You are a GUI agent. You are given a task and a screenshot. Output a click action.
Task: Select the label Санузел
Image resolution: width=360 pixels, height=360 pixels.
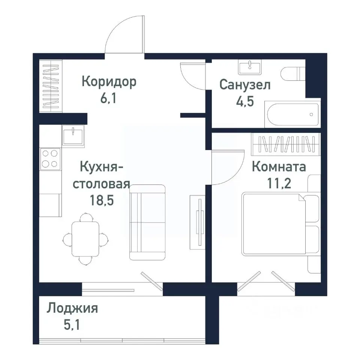click(x=245, y=85)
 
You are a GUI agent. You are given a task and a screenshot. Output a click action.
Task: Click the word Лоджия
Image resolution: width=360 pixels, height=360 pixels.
click(x=72, y=309)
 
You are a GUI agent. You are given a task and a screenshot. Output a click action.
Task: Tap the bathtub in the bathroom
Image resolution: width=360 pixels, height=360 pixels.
click(x=292, y=115)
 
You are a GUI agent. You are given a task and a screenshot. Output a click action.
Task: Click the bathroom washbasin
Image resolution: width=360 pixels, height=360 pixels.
click(x=249, y=67)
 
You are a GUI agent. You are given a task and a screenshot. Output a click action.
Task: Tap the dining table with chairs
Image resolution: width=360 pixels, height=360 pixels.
click(x=86, y=238)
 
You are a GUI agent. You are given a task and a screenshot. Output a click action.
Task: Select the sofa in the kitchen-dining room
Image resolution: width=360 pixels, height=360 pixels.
click(x=147, y=222)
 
